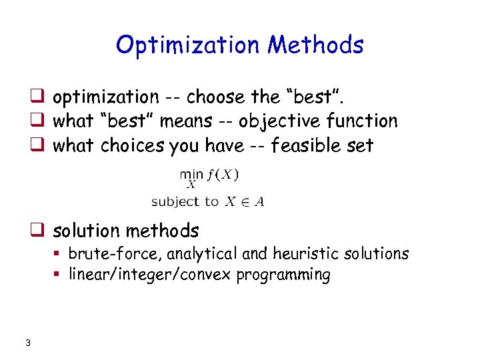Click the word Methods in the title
315,45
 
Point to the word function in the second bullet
365,121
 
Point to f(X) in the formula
224,175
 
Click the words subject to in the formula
185,201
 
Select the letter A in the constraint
259,201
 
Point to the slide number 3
27,343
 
